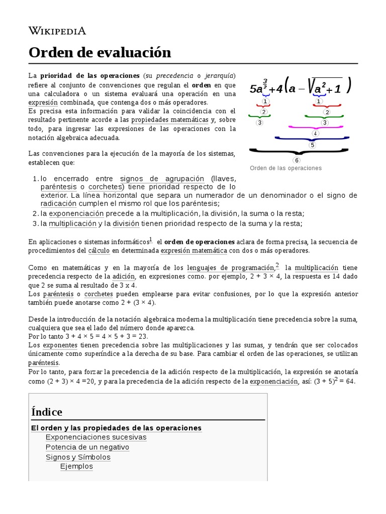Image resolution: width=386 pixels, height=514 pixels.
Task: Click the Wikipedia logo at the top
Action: click(57, 31)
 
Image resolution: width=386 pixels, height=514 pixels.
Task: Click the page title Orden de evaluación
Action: click(100, 52)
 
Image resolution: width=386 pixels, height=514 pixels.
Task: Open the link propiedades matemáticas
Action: click(169, 120)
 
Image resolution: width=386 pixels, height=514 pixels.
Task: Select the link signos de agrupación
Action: click(162, 179)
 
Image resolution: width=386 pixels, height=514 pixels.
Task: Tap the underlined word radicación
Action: click(59, 203)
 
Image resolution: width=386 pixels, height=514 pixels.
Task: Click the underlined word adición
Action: click(124, 277)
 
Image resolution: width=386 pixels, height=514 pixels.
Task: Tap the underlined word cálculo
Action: click(99, 250)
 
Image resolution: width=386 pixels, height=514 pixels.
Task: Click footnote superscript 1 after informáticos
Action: click(150, 239)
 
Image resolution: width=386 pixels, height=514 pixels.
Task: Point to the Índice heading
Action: click(47, 412)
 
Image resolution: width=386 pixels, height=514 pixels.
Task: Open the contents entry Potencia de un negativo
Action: click(87, 447)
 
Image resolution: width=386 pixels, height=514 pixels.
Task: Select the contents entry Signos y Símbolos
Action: click(78, 457)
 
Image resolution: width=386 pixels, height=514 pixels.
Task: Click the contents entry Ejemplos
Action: click(76, 466)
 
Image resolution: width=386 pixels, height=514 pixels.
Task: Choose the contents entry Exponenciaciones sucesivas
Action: click(96, 437)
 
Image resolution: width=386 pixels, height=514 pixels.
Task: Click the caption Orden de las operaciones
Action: click(285, 168)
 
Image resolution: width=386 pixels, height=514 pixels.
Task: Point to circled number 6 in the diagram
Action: click(297, 160)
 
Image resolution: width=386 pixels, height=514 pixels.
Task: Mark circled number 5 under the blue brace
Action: click(312, 145)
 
